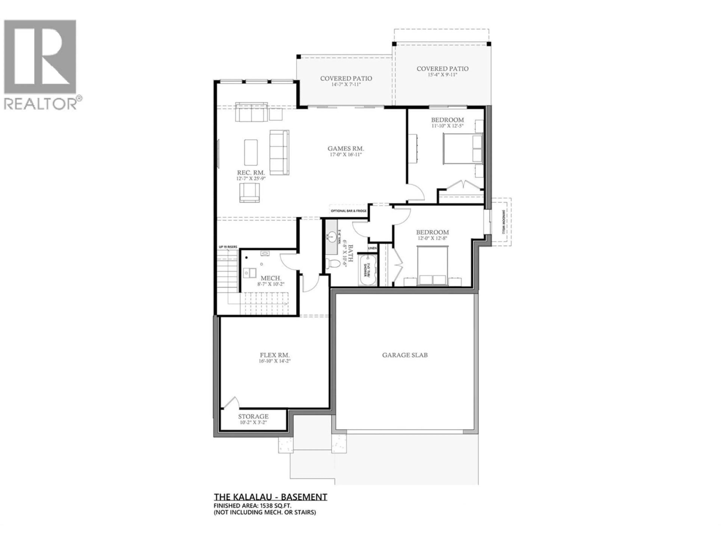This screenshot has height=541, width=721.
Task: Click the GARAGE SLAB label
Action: [405, 355]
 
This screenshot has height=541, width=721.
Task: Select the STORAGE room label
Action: [253, 416]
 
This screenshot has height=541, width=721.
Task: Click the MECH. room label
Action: [271, 278]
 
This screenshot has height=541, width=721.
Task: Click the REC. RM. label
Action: [251, 172]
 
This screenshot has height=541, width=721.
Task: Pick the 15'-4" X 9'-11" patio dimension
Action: [442, 75]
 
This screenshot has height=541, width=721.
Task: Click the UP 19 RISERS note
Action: [228, 247]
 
